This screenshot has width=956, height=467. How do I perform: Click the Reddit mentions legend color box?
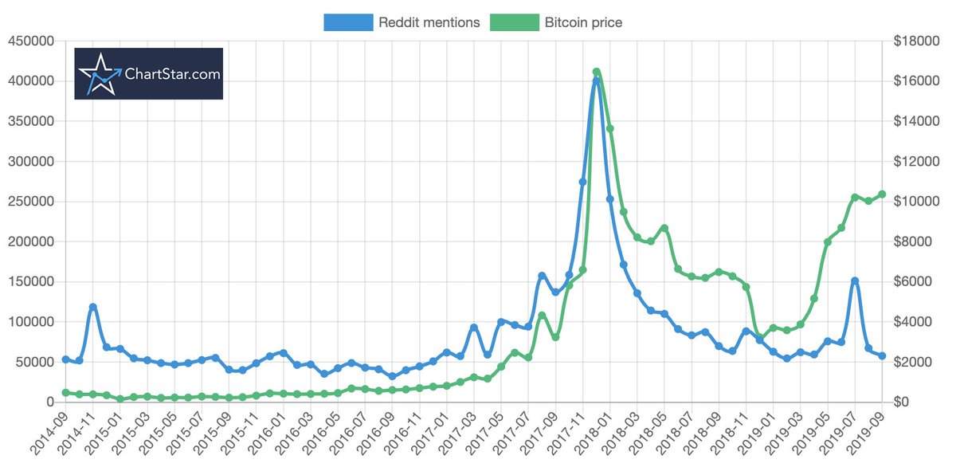click(348, 22)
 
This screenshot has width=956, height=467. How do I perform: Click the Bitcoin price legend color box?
click(515, 22)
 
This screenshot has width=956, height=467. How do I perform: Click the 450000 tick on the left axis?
click(32, 41)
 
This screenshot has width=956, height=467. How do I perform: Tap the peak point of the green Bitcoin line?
click(597, 73)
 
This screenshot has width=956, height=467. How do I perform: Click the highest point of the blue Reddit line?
click(596, 81)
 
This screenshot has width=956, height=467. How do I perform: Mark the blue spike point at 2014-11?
click(93, 307)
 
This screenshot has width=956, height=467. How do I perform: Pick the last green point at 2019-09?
click(882, 194)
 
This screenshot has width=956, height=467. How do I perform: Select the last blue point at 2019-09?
click(882, 355)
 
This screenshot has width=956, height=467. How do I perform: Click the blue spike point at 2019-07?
click(855, 281)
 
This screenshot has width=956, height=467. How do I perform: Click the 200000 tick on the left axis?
click(32, 241)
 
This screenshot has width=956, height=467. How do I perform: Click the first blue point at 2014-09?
click(65, 359)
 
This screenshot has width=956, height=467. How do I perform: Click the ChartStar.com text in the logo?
click(171, 74)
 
